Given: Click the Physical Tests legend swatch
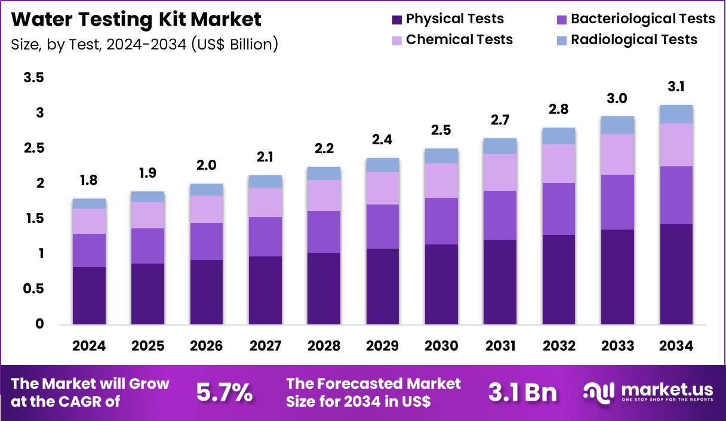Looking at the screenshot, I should (397, 20).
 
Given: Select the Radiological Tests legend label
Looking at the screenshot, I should (633, 40).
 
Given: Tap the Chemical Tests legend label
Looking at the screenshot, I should (459, 40).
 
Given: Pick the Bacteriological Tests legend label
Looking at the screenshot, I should (642, 19).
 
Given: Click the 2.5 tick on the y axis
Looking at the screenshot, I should (35, 148).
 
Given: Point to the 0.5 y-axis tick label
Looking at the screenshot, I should (35, 289).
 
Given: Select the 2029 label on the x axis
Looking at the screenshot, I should (383, 346).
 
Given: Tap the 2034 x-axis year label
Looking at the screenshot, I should (676, 346).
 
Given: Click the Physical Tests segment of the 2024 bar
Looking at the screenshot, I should (89, 296).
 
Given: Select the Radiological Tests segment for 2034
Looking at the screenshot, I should (676, 114).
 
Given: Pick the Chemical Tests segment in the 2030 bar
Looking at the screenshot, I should (441, 181).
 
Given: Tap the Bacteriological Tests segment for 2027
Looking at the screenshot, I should (265, 237).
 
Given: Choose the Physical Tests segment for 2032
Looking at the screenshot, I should (558, 280).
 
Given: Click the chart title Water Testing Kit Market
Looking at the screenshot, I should (136, 20).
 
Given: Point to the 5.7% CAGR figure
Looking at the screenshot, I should (224, 392).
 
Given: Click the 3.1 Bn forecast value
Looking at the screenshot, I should (522, 392).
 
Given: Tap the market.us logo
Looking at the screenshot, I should (648, 392).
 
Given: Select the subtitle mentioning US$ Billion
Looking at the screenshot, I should (144, 44).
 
